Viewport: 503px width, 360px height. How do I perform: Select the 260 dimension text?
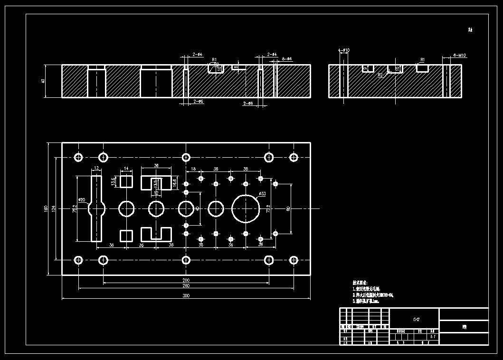[x=186, y=286]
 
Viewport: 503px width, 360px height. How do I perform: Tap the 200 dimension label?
[x=186, y=280]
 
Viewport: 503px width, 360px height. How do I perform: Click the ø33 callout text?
[x=262, y=194]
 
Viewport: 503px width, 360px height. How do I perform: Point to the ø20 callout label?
[x=82, y=200]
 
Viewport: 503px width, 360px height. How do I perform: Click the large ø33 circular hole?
[x=246, y=208]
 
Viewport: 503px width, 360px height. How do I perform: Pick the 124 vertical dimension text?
[x=54, y=208]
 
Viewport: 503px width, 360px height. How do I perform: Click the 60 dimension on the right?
[x=288, y=208]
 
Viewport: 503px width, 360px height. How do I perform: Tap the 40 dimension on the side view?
[x=43, y=81]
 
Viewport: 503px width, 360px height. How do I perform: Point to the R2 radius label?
[x=380, y=75]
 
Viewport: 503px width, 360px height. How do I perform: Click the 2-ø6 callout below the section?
[x=199, y=102]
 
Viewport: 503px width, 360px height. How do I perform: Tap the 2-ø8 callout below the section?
[x=248, y=103]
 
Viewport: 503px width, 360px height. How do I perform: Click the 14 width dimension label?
[x=126, y=169]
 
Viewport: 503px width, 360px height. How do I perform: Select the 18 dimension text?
[x=193, y=169]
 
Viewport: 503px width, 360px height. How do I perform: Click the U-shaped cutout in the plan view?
[x=156, y=234]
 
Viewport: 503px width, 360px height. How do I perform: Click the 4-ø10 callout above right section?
[x=344, y=50]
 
